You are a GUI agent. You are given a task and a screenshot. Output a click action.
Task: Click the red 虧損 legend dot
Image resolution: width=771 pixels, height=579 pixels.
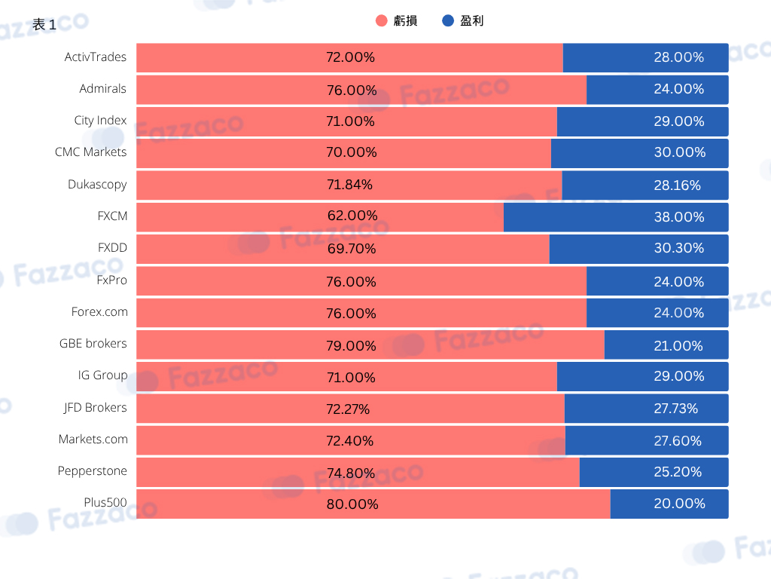pos(382,20)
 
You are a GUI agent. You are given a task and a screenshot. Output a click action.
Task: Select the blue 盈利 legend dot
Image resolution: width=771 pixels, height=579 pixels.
pos(448,20)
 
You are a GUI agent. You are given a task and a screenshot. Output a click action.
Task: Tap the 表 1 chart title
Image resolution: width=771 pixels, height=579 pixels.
pos(44,25)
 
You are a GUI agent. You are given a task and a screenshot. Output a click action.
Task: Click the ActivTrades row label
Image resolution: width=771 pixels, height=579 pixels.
pos(96,57)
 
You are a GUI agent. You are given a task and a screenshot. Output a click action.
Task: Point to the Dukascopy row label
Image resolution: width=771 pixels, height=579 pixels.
pos(97,185)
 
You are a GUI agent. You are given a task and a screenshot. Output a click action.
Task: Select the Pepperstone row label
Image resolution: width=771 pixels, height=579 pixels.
pos(93,471)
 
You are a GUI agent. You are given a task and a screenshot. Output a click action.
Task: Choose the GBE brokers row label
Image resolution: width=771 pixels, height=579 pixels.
pos(93,344)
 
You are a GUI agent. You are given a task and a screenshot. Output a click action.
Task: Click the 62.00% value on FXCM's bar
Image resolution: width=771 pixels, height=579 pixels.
pos(352,216)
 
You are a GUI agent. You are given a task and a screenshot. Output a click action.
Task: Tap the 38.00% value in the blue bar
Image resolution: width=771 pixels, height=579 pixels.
pos(679,217)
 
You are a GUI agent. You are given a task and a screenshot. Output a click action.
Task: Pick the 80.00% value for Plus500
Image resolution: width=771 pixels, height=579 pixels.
pos(352,504)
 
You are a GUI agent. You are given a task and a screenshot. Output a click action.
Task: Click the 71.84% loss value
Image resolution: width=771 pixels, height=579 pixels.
pos(349,185)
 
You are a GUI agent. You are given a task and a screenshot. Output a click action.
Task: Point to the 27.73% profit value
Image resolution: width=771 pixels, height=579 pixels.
pos(675,409)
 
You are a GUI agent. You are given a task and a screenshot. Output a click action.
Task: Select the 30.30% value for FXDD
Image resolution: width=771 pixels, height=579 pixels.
pos(679,248)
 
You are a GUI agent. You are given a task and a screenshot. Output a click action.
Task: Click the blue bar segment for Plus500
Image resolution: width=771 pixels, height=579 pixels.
pos(669,504)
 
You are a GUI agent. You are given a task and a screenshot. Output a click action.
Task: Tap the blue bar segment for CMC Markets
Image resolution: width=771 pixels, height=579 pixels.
pos(640,153)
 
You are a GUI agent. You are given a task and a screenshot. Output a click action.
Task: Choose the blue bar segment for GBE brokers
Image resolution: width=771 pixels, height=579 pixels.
pos(666,345)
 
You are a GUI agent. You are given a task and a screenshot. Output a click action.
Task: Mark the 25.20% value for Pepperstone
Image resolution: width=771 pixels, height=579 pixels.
pos(678,472)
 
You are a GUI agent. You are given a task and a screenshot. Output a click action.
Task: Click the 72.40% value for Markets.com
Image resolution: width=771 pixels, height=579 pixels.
pos(349,440)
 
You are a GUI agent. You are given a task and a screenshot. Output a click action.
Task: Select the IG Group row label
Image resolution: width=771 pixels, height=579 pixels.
pos(102,375)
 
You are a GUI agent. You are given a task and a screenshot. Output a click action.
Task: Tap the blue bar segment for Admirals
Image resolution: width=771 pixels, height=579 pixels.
pos(657,90)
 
